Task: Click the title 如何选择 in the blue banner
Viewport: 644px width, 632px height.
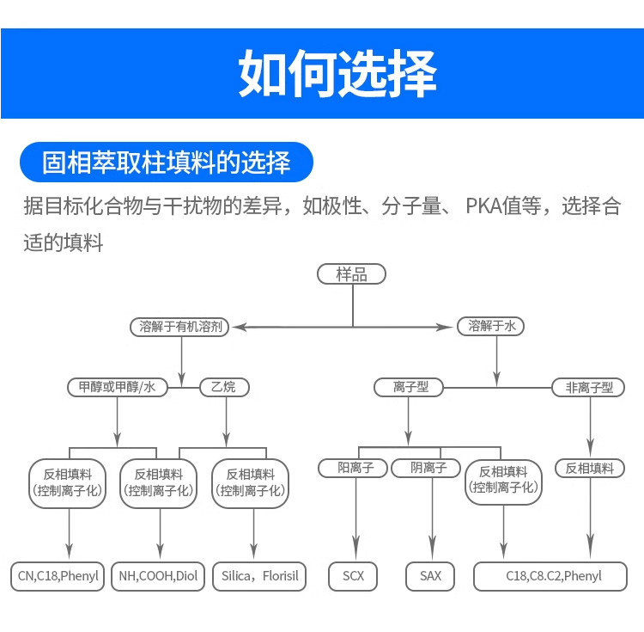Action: [337, 73]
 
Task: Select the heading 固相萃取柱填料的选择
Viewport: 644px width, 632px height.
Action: [167, 162]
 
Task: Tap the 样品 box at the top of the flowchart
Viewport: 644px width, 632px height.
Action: [351, 273]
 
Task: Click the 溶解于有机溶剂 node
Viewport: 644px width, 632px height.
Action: [179, 327]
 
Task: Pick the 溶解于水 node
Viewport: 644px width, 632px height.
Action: [491, 326]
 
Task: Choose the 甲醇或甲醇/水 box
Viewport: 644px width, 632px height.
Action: [118, 387]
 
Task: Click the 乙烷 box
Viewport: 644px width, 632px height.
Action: [224, 387]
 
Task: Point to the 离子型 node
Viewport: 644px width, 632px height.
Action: [409, 387]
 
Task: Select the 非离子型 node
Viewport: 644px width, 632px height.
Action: [588, 387]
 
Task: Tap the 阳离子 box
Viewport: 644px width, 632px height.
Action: [353, 468]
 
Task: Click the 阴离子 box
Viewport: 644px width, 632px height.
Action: [426, 468]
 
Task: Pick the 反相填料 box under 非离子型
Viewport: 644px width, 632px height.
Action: [590, 468]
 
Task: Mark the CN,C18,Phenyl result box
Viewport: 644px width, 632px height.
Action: [58, 576]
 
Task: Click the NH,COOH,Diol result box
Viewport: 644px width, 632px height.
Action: [158, 576]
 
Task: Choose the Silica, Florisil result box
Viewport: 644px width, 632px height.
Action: [259, 576]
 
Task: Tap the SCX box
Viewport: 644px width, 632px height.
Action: [353, 576]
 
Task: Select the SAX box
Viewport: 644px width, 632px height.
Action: [430, 576]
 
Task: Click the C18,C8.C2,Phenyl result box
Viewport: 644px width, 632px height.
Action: [550, 576]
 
